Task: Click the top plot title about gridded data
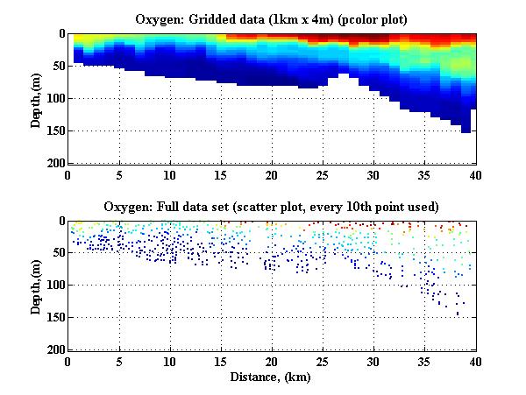click(x=271, y=18)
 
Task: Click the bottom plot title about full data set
click(x=271, y=207)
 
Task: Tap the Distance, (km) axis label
click(x=271, y=377)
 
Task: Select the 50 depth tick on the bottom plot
click(x=57, y=253)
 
